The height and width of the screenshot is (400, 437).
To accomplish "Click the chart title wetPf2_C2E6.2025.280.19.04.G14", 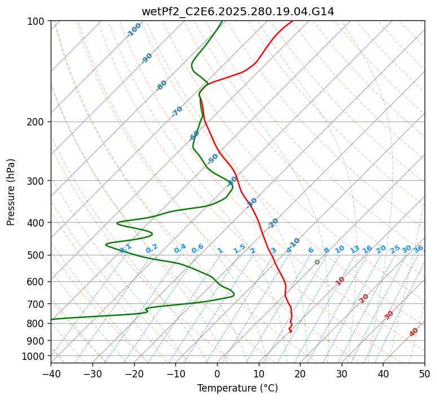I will [x=237, y=11].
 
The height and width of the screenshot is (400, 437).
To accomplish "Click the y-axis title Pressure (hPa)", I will [x=11, y=192].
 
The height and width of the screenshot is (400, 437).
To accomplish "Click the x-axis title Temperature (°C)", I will [x=237, y=388].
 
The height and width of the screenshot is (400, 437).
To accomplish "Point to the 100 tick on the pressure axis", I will [x=38, y=21].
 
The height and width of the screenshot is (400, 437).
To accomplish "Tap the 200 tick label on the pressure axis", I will [x=38, y=121].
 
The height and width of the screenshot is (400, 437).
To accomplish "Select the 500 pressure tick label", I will [x=38, y=255].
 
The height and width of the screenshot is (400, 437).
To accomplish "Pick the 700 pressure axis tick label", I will [x=38, y=304].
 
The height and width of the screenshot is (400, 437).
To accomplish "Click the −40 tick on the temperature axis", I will [x=51, y=373].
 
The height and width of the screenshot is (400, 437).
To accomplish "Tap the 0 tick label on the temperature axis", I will [x=217, y=373].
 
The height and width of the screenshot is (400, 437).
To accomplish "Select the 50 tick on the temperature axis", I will [x=425, y=373].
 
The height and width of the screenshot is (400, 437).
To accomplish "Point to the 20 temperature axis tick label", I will [x=300, y=373].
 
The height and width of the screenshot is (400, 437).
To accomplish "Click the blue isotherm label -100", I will [x=134, y=29].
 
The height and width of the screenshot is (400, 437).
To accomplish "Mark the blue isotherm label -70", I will [x=177, y=111].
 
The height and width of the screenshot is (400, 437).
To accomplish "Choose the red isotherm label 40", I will [x=414, y=332].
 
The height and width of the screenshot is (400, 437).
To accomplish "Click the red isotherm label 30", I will [x=389, y=315].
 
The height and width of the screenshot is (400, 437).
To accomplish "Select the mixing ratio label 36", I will [x=418, y=249].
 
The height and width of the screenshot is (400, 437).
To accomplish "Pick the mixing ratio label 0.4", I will [x=180, y=249].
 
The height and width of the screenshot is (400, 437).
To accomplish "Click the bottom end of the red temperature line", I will [x=290, y=332].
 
